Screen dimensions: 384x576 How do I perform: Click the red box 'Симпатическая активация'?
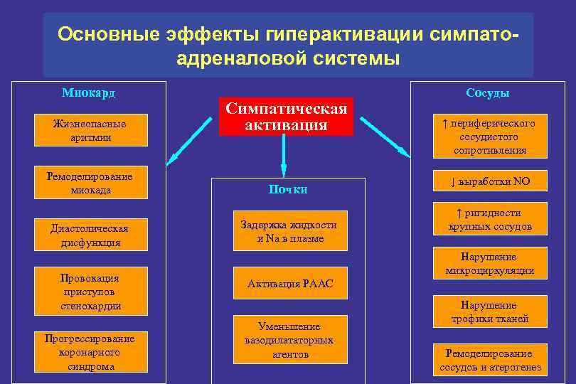coord(287,116)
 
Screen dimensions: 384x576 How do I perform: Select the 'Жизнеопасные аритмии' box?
coord(90,130)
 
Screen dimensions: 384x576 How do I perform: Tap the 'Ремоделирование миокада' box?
coord(90,183)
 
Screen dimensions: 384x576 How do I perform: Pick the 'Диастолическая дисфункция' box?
coord(90,235)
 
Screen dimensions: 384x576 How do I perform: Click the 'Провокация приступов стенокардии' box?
coord(90,292)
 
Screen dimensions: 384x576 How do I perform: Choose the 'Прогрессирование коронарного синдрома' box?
coord(90,352)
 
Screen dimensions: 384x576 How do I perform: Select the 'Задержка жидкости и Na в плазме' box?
coord(290,231)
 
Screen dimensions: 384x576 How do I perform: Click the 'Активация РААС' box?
coord(290,284)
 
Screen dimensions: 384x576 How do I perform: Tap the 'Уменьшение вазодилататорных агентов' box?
coord(290,340)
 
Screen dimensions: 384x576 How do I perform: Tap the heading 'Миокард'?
coord(88,92)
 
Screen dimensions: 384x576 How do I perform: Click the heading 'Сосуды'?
coord(488,92)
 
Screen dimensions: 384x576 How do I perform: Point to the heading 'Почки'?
coord(288,189)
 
